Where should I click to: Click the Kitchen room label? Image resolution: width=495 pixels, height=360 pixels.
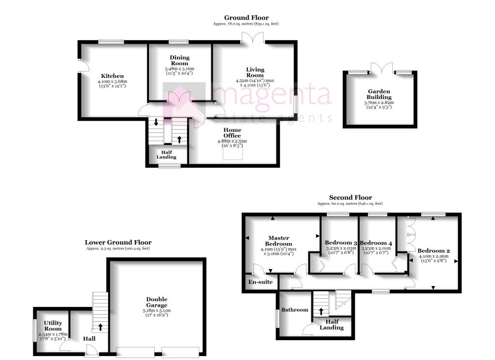click(113, 76)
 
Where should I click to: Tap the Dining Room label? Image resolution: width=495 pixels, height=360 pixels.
click(179, 60)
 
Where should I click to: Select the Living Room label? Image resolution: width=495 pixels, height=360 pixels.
click(255, 72)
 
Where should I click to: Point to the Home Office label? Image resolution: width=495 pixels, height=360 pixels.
click(232, 132)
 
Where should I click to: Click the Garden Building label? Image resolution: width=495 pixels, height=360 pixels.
click(379, 94)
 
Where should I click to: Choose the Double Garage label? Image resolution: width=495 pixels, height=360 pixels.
click(157, 302)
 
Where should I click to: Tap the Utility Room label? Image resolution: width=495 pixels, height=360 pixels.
click(53, 326)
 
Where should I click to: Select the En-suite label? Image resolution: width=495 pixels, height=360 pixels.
click(261, 282)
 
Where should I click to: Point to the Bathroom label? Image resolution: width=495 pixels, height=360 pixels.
click(295, 310)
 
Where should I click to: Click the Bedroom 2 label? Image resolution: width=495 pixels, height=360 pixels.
click(434, 251)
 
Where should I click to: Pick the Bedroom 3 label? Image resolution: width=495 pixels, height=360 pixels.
click(341, 243)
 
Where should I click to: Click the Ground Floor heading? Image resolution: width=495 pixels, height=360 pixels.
click(247, 18)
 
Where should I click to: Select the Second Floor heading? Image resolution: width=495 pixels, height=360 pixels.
click(350, 197)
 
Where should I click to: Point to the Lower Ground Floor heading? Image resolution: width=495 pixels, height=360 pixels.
click(118, 242)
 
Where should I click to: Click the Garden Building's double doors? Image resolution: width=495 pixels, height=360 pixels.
click(379, 68)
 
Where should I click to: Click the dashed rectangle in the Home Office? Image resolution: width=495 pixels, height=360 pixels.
click(233, 151)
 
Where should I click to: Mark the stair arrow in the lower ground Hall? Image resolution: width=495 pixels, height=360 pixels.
click(101, 327)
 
